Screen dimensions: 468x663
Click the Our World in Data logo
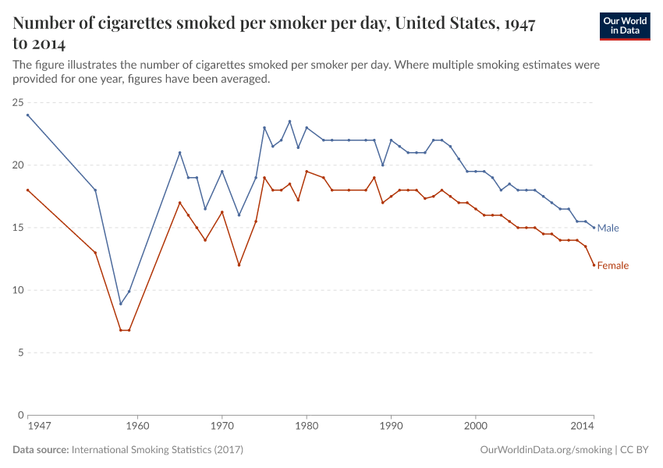[x=624, y=27]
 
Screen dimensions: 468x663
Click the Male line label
[x=608, y=228]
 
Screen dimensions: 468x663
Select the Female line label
[x=612, y=265]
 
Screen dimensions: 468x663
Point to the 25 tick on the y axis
[x=17, y=103]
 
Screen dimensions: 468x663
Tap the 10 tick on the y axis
[x=17, y=290]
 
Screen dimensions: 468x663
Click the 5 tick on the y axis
[x=19, y=353]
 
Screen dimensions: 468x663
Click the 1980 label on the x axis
[x=306, y=427]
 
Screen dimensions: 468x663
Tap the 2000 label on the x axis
[x=475, y=427]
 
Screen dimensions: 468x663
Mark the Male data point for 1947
[x=27, y=115]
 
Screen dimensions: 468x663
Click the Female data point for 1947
[x=27, y=190]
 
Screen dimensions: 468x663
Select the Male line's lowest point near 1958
[x=120, y=303]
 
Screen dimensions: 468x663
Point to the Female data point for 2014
[x=594, y=265]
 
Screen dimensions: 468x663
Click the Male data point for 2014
[x=594, y=228]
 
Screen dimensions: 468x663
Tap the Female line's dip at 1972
[x=239, y=265]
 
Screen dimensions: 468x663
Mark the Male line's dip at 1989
[x=382, y=165]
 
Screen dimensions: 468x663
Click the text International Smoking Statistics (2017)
[x=157, y=450]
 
